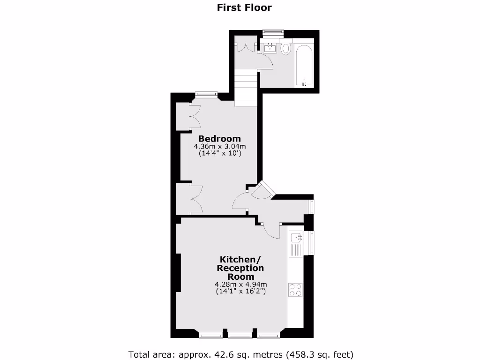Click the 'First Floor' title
pyautogui.click(x=244, y=7)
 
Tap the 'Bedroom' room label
pyautogui.click(x=219, y=139)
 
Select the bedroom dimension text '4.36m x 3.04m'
pyautogui.click(x=219, y=147)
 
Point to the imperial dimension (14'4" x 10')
pyautogui.click(x=219, y=153)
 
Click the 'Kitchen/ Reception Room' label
pyautogui.click(x=240, y=268)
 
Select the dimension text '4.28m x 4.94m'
pyautogui.click(x=240, y=284)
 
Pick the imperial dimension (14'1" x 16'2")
pyautogui.click(x=240, y=291)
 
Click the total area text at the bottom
pyautogui.click(x=241, y=354)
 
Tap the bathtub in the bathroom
pyautogui.click(x=304, y=65)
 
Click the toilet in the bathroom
pyautogui.click(x=285, y=48)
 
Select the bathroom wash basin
pyautogui.click(x=270, y=47)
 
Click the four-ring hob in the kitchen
pyautogui.click(x=295, y=290)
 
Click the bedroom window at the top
pyautogui.click(x=206, y=94)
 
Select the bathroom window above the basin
pyautogui.click(x=273, y=32)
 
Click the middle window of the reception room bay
pyautogui.click(x=240, y=335)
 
